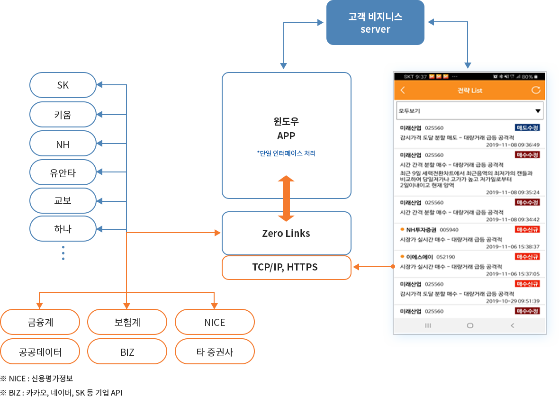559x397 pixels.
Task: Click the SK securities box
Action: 63,85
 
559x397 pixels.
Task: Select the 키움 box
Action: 63,115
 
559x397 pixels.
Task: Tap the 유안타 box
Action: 63,173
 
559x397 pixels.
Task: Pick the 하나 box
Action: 63,229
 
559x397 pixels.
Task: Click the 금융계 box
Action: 40,323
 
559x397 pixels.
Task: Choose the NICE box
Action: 215,323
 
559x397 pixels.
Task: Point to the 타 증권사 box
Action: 215,352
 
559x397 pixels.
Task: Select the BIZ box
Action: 127,352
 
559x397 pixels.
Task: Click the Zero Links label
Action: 286,234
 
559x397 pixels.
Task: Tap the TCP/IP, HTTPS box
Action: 286,267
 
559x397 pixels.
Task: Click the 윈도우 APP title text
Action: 286,129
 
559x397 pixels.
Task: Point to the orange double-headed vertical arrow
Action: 286,198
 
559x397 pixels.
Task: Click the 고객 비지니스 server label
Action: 375,23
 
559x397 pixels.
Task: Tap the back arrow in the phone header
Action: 403,90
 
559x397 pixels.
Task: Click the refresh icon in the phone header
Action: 536,90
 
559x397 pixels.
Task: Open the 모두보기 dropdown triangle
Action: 538,111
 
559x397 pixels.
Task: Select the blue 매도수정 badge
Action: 527,128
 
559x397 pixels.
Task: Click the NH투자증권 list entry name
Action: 421,230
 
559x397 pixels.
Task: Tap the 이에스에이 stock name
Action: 419,257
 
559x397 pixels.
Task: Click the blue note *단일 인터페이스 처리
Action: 286,153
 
